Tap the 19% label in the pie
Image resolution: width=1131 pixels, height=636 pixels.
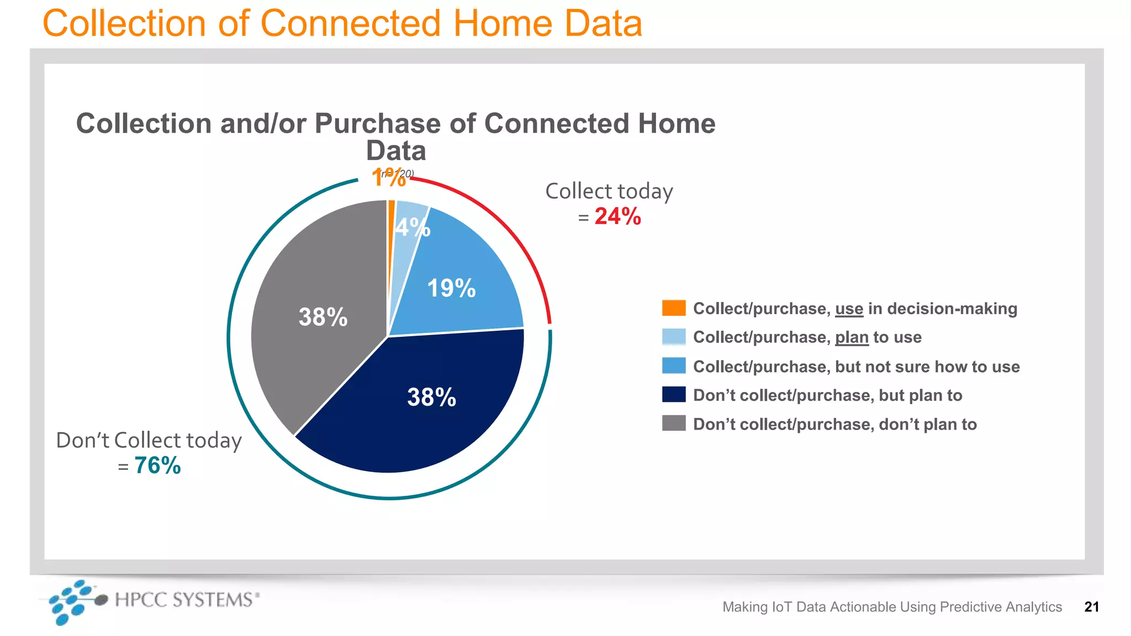pyautogui.click(x=451, y=288)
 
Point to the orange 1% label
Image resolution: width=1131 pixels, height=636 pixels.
pyautogui.click(x=388, y=178)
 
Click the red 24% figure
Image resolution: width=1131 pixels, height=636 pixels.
pyautogui.click(x=617, y=216)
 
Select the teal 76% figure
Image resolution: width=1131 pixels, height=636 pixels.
pyautogui.click(x=157, y=465)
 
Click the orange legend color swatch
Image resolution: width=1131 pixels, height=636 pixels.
pyautogui.click(x=674, y=308)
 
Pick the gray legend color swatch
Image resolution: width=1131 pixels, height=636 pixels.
pyautogui.click(x=674, y=423)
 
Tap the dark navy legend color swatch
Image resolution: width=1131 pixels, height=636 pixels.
pyautogui.click(x=674, y=395)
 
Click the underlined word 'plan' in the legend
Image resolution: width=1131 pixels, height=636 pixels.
pyautogui.click(x=852, y=337)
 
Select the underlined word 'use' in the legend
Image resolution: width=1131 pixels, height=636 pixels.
pyautogui.click(x=849, y=309)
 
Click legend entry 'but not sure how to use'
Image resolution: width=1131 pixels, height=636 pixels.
pyautogui.click(x=927, y=367)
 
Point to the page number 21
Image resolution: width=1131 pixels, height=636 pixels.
pyautogui.click(x=1091, y=607)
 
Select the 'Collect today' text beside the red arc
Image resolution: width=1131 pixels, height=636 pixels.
pyautogui.click(x=609, y=191)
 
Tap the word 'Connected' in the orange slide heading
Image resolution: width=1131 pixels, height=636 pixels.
pyautogui.click(x=351, y=23)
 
